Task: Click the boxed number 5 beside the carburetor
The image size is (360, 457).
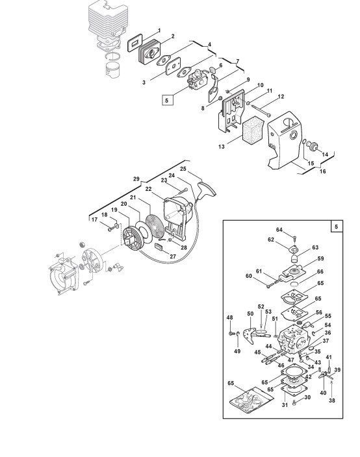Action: [167, 100]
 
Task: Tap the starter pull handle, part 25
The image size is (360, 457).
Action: [207, 188]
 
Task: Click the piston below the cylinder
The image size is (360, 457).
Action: [113, 69]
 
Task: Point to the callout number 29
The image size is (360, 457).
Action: [136, 179]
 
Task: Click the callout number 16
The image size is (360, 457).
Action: [322, 171]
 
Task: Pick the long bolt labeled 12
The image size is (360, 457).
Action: [261, 111]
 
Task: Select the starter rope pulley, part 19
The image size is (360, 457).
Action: [132, 239]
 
